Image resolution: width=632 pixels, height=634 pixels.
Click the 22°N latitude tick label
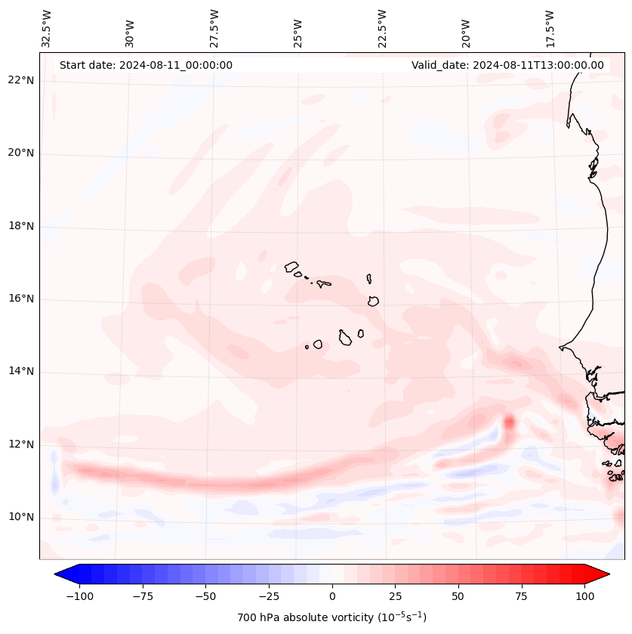tap(20, 81)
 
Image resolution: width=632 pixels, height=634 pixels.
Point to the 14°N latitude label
tap(20, 371)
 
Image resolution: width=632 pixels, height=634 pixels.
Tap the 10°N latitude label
tap(20, 517)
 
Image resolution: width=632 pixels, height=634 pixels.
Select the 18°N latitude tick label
tap(20, 226)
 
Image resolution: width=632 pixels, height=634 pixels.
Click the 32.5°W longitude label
tap(47, 28)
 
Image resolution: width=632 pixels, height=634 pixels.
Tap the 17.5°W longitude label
tap(550, 28)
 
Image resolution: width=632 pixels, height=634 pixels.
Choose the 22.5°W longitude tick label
tap(382, 28)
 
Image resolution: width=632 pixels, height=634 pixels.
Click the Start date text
tap(146, 65)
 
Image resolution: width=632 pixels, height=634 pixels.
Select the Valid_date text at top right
tap(507, 65)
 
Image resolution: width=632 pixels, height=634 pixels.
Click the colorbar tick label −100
tap(80, 596)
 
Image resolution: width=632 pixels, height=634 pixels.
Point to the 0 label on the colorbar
tap(331, 596)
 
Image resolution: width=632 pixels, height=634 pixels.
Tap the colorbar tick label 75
tap(521, 596)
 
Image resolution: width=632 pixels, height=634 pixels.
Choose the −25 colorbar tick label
tap(269, 596)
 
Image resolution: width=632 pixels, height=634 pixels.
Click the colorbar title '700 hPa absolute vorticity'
tap(332, 617)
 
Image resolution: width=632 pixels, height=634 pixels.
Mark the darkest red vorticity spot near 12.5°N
tap(509, 422)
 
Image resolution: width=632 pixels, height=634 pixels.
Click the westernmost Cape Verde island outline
tap(291, 266)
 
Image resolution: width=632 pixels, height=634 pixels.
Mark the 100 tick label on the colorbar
tap(584, 596)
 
